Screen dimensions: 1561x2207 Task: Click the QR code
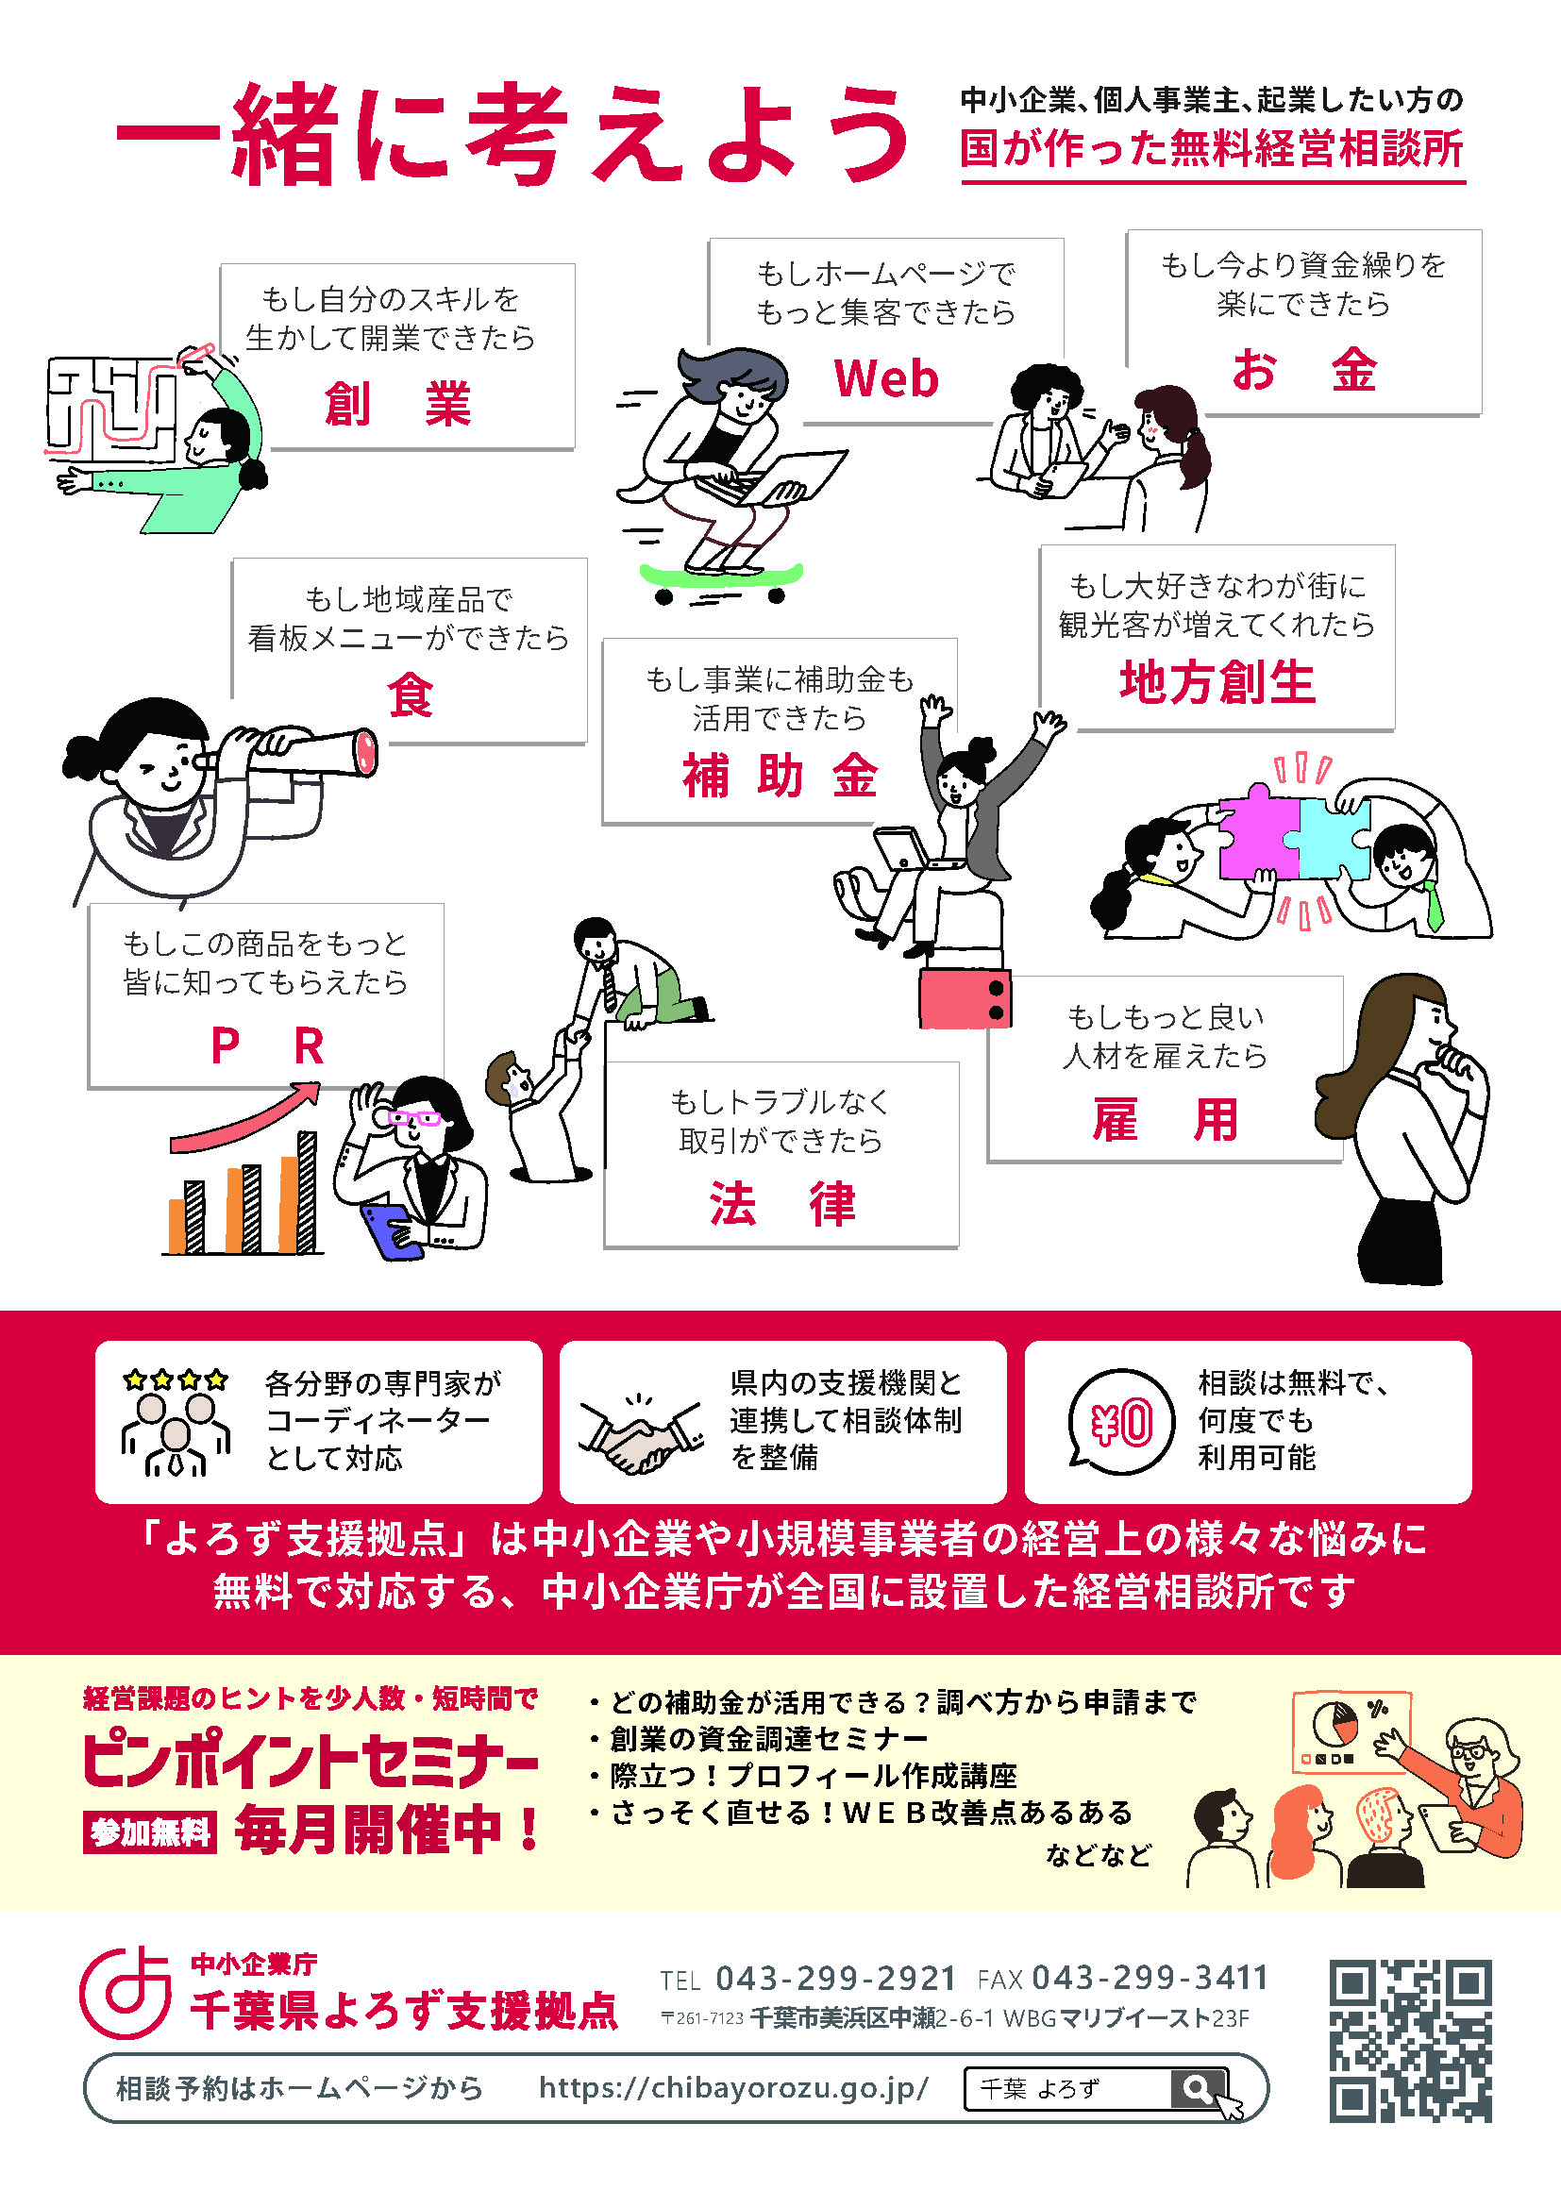click(x=1410, y=2042)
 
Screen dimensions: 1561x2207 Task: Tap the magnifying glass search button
click(x=1199, y=2088)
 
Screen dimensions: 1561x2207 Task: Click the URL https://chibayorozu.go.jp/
click(x=733, y=2087)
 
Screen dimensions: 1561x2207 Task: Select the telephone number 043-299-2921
click(x=835, y=1979)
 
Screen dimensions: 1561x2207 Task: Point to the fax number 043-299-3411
click(x=1150, y=1979)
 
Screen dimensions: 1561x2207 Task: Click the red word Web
click(x=886, y=377)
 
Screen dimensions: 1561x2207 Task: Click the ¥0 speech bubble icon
click(x=1121, y=1423)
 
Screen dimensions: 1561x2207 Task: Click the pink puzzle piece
click(x=1260, y=831)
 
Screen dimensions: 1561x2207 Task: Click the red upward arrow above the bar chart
click(x=245, y=1116)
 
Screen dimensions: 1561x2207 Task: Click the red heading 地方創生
click(x=1217, y=682)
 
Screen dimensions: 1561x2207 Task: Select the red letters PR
click(x=267, y=1045)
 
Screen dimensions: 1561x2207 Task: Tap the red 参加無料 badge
click(x=149, y=1832)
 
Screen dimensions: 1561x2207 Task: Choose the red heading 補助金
click(x=780, y=775)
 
